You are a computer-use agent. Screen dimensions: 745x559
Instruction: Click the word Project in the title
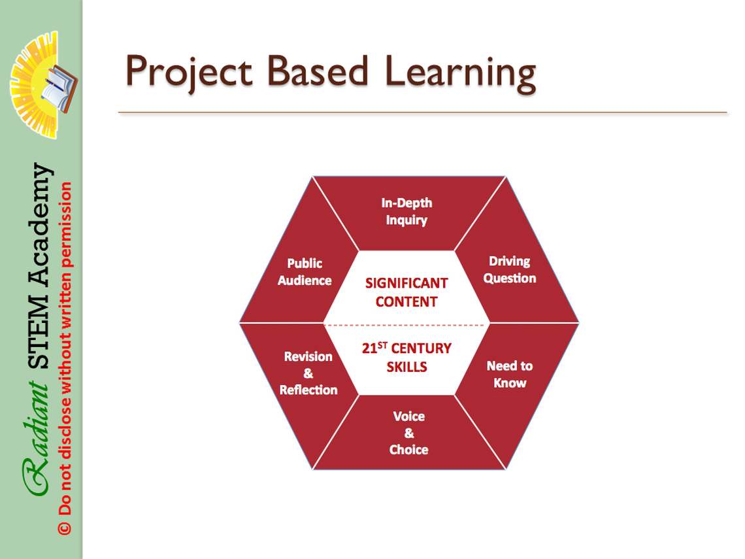pos(189,73)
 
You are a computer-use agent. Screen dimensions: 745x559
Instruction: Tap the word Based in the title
pos(318,71)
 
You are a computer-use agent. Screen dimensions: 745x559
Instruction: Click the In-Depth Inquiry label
pos(406,212)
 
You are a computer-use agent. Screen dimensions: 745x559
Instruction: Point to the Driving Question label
pos(510,269)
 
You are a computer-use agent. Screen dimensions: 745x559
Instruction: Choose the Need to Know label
pos(510,374)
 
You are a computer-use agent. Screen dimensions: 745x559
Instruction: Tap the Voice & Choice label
pos(408,433)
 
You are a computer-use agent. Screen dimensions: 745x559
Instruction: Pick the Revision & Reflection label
pos(308,373)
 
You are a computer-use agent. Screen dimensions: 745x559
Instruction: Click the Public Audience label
pos(305,272)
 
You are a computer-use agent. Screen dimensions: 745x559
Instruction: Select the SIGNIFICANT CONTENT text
pos(406,292)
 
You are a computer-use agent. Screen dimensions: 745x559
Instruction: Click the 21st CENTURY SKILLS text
pos(406,358)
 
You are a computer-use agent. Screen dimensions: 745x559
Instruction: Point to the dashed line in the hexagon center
pos(406,325)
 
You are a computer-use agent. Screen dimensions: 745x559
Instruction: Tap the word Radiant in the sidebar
pos(37,438)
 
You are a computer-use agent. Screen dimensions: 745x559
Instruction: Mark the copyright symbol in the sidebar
pos(64,528)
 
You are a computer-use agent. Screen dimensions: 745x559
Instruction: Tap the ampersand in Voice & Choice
pos(409,433)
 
